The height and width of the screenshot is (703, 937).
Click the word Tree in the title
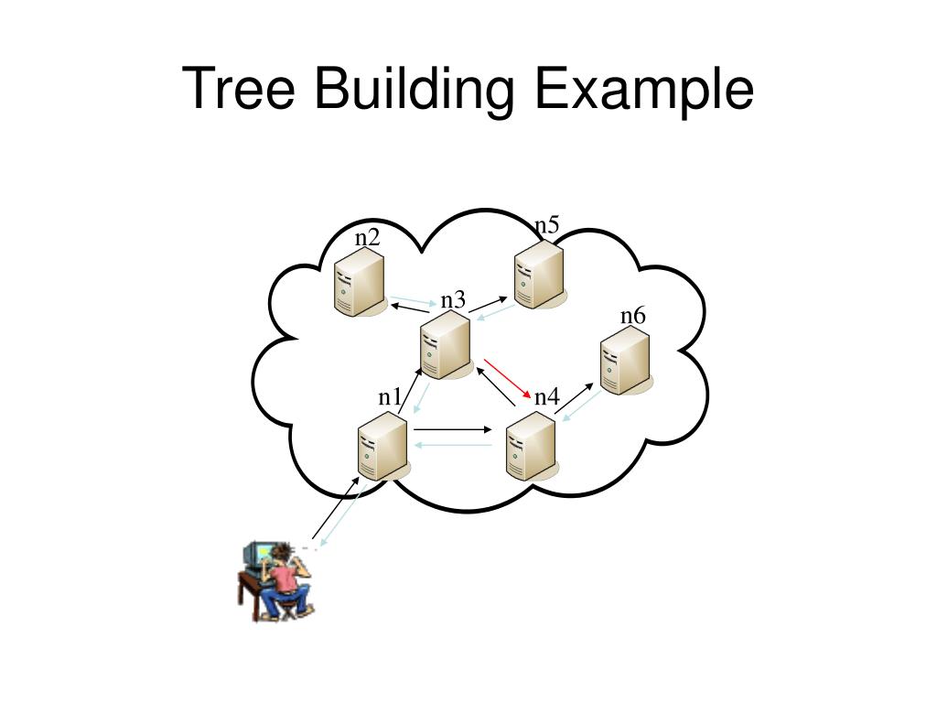240,90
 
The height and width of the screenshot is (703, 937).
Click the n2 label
368,238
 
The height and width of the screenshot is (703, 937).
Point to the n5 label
547,225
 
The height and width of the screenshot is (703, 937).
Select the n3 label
453,300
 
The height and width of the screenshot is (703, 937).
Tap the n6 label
632,316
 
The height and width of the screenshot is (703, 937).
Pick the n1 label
391,396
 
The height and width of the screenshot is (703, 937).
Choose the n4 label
546,396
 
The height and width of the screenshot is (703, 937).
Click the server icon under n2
359,284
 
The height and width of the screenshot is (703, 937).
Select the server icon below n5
538,276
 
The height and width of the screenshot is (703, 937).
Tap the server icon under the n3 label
446,344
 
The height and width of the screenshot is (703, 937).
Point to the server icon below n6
626,361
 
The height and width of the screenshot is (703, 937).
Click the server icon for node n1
382,446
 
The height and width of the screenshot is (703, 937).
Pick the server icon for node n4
531,446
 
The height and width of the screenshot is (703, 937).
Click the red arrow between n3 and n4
508,378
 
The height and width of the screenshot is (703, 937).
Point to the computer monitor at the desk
258,557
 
